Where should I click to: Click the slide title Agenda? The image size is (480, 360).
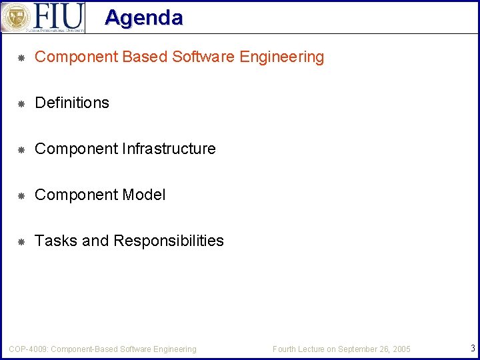tap(143, 17)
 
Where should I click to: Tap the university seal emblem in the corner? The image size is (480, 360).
tap(15, 17)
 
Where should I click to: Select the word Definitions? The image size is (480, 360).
tap(72, 103)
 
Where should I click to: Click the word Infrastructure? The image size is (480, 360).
tap(169, 149)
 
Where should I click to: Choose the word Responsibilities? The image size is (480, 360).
tap(169, 241)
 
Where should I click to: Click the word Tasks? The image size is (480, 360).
tap(56, 241)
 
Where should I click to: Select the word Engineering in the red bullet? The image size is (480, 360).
tap(282, 57)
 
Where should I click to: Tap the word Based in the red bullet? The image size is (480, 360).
tap(145, 57)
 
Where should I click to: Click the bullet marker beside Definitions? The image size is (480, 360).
tap(21, 103)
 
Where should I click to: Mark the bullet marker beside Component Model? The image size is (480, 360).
tap(21, 195)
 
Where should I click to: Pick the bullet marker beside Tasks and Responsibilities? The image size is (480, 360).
tap(21, 241)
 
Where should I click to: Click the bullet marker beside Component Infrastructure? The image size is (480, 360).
tap(21, 149)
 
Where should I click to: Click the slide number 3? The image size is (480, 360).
tap(472, 348)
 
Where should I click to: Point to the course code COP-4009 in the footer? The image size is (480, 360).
tap(28, 349)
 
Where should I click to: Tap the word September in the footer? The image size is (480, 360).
tap(357, 349)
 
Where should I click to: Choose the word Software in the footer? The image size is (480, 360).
tap(137, 349)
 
